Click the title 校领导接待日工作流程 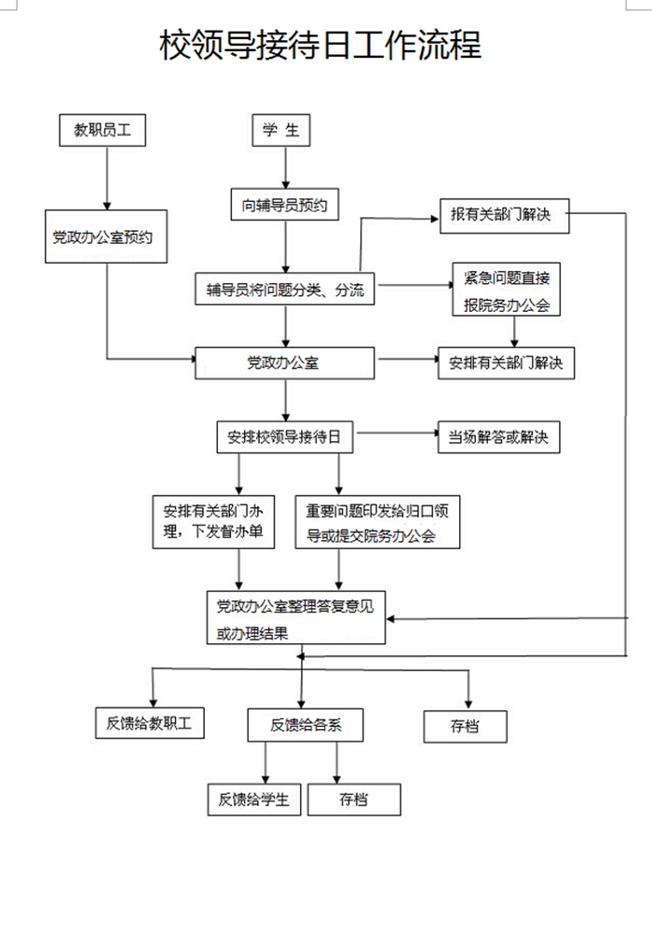pos(320,45)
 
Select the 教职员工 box pos(102,131)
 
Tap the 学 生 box pos(280,131)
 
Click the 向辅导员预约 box pos(285,205)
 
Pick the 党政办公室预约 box pos(108,236)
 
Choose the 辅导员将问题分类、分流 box pos(285,290)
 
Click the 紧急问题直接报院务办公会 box pos(507,291)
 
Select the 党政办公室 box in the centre pos(284,363)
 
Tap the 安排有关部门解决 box pos(507,363)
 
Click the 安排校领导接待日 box pos(285,436)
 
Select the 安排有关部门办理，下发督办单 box pos(213,521)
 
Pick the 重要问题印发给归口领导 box pos(377,522)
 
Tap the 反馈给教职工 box pos(149,723)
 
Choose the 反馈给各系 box pos(305,724)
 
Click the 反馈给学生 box pos(254,799)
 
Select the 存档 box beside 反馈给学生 pos(354,799)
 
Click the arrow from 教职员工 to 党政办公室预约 pos(108,177)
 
